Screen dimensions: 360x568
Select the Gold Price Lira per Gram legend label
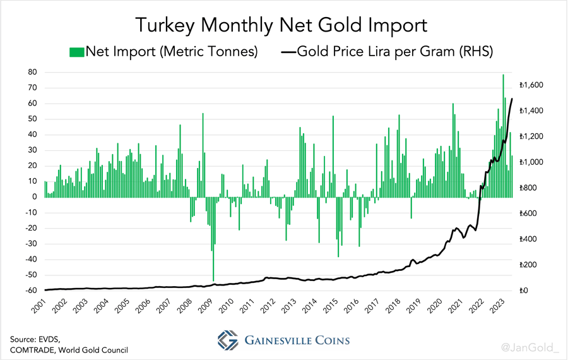point(395,52)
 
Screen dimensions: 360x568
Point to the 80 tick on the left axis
point(32,72)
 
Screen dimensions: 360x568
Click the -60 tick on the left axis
point(30,291)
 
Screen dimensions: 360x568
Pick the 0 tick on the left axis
point(35,197)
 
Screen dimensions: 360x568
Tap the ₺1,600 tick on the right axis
point(531,85)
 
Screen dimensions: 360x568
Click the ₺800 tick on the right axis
point(528,188)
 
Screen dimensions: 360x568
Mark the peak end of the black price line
point(511,99)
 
